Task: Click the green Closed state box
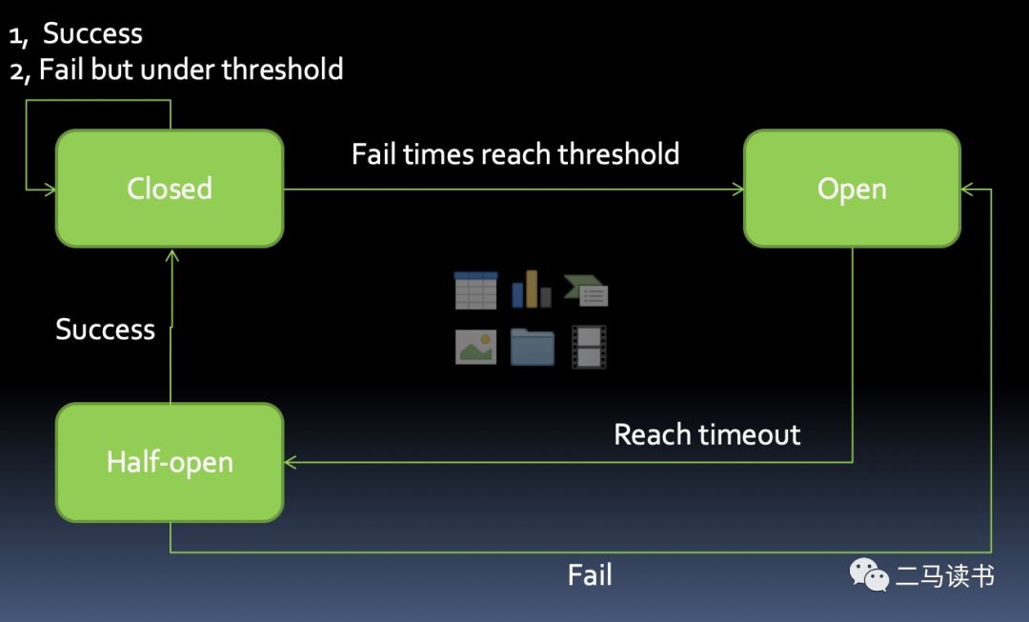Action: pyautogui.click(x=170, y=189)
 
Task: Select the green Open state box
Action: pyautogui.click(x=852, y=189)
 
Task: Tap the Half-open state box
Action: pyautogui.click(x=170, y=463)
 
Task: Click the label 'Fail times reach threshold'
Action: pyautogui.click(x=515, y=154)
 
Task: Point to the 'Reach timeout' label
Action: pyautogui.click(x=707, y=435)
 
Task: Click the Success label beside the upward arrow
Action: pyautogui.click(x=105, y=330)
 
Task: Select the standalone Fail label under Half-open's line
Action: pyautogui.click(x=590, y=575)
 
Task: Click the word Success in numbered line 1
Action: pyautogui.click(x=92, y=33)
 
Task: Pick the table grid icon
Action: pyautogui.click(x=475, y=291)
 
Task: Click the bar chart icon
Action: pyautogui.click(x=532, y=290)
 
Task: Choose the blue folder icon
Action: pyautogui.click(x=532, y=347)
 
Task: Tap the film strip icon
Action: pyautogui.click(x=589, y=347)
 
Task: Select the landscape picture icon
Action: pyautogui.click(x=475, y=347)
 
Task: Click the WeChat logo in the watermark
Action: pyautogui.click(x=869, y=574)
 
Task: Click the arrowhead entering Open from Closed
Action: pyautogui.click(x=738, y=190)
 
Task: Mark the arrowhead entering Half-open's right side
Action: pyautogui.click(x=290, y=463)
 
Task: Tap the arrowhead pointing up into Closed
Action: pyautogui.click(x=171, y=254)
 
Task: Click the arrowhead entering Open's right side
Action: pyautogui.click(x=966, y=190)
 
